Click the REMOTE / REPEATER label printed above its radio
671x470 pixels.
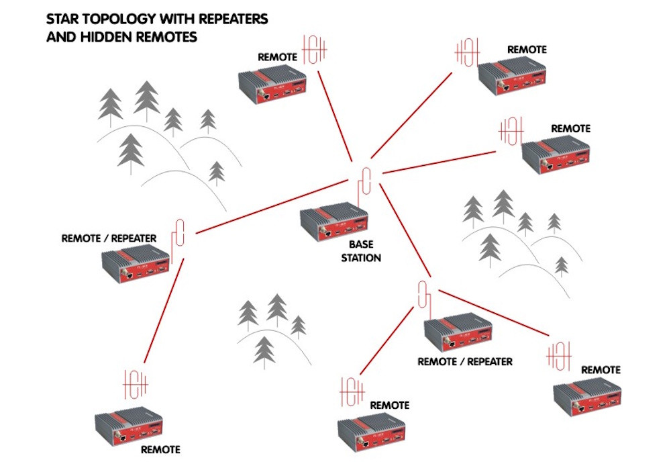109,238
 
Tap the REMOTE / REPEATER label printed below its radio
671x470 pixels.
464,361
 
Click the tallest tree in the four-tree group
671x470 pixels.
277,310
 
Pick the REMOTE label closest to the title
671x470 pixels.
277,58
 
